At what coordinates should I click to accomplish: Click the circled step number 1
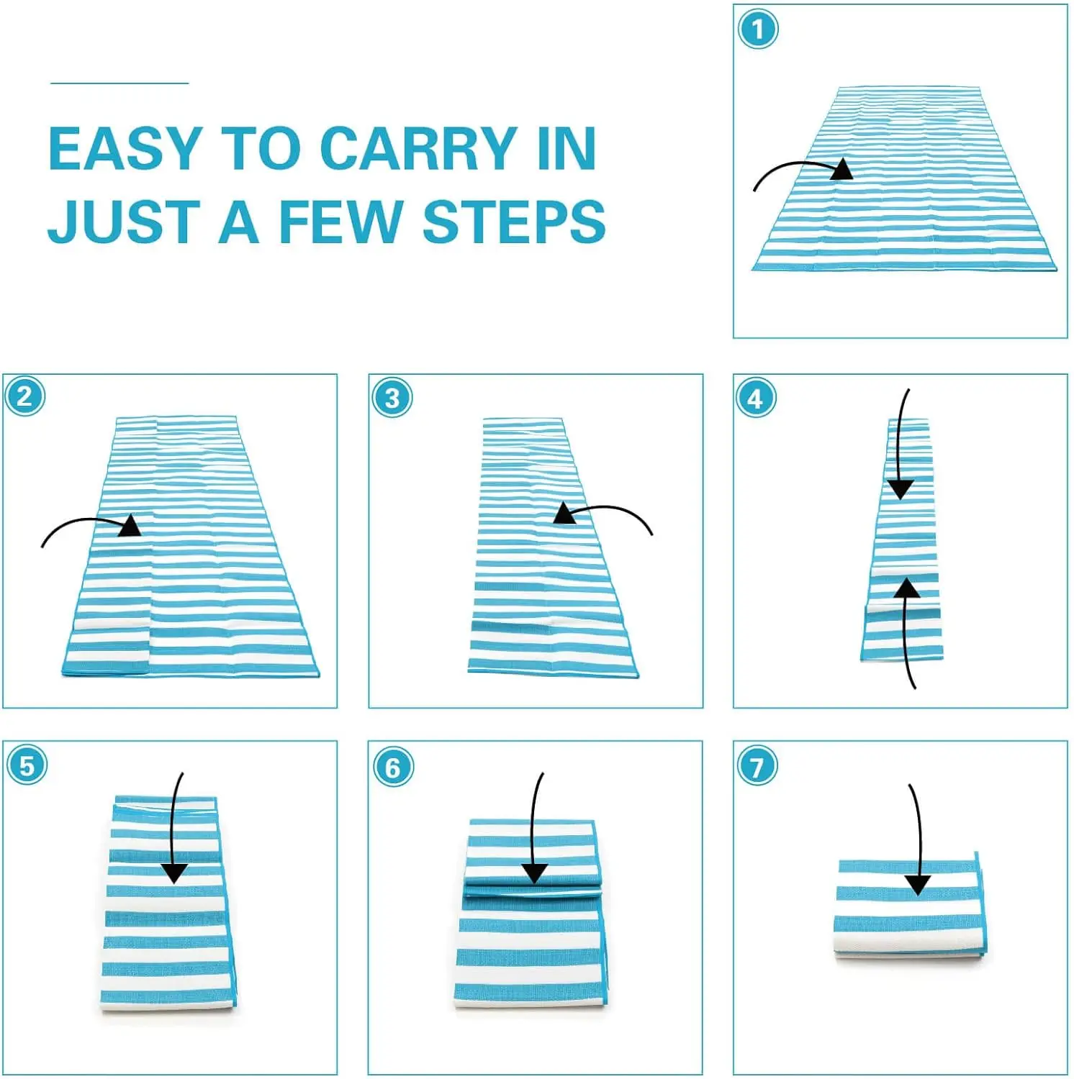757,30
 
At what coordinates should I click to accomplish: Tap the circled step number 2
25,396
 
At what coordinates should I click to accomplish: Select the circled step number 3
392,398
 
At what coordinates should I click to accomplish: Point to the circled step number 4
756,398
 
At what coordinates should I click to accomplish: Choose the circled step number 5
27,765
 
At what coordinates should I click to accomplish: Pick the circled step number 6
393,767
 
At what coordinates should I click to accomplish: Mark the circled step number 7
757,767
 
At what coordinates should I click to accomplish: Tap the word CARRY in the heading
419,149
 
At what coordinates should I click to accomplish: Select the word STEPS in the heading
514,222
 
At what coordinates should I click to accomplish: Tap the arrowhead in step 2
130,525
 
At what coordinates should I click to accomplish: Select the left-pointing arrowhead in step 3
566,514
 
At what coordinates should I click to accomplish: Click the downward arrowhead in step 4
901,489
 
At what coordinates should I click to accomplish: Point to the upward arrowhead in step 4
907,588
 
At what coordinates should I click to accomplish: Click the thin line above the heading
119,83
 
